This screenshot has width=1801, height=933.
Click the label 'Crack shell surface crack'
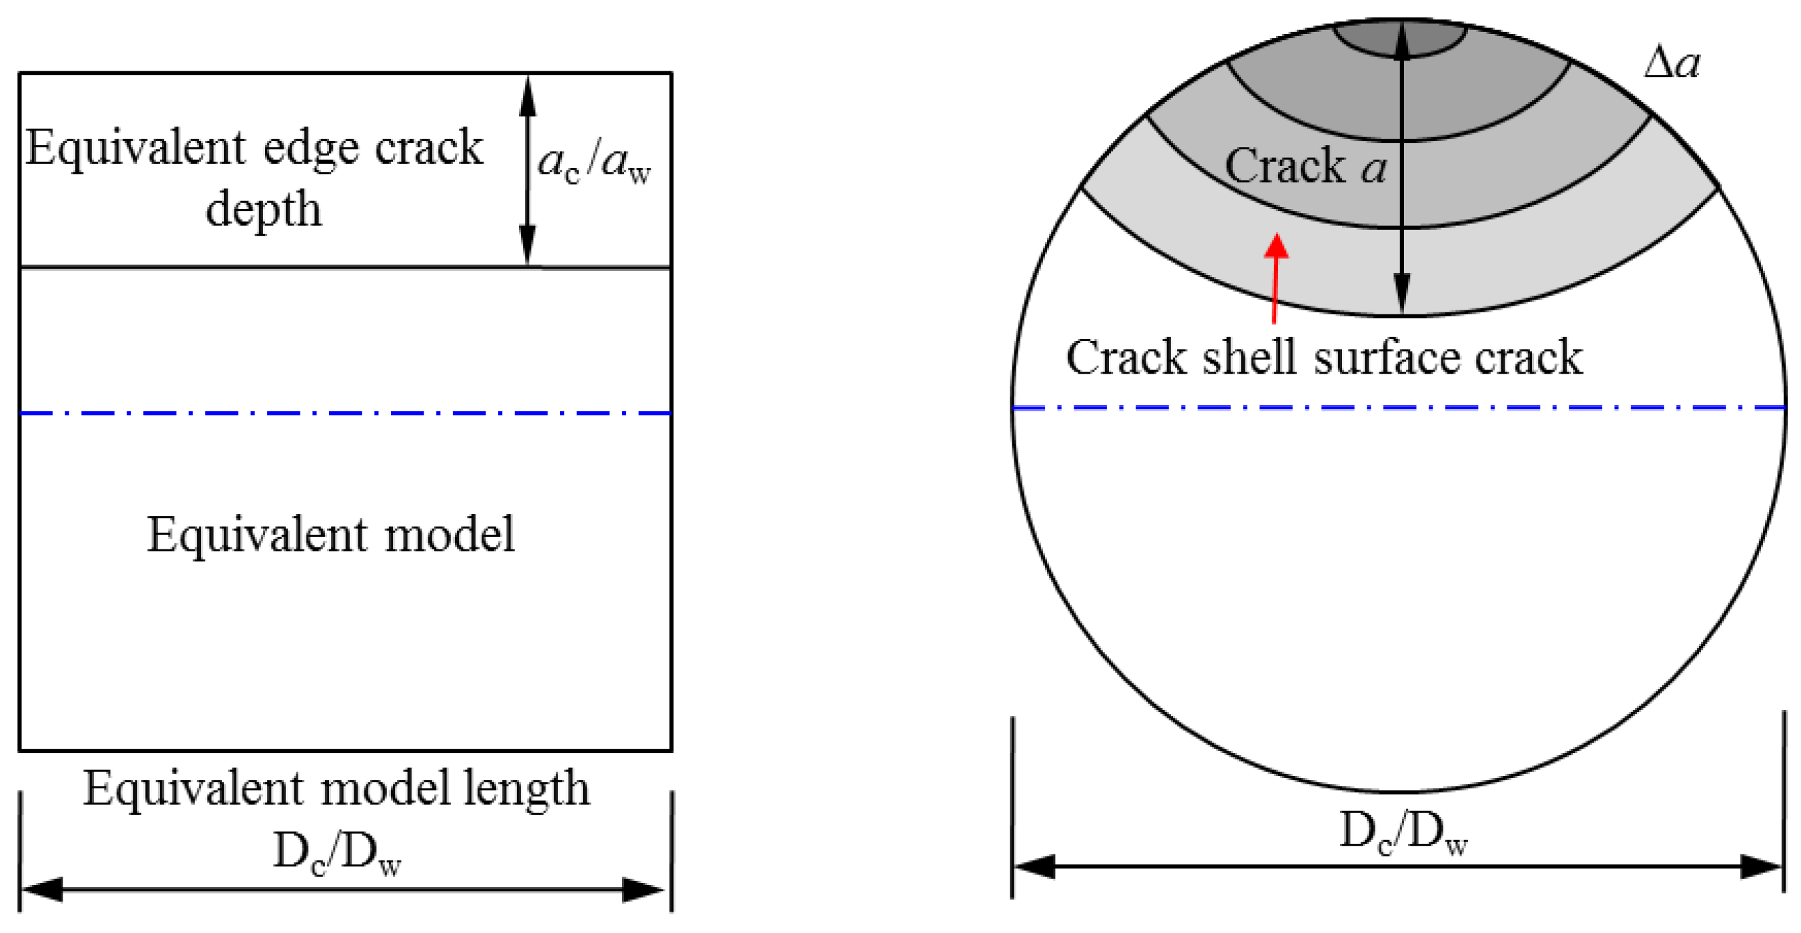click(1323, 358)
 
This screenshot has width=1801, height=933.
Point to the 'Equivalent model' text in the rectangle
click(331, 535)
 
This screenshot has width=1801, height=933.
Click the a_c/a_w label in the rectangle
click(593, 164)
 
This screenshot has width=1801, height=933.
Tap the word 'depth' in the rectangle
click(264, 209)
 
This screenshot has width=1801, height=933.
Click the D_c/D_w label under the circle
click(1403, 833)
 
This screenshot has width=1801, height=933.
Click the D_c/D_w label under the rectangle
click(336, 853)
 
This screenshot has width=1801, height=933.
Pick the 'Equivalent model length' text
click(336, 789)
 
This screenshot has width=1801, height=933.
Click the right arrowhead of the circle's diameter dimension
click(1760, 866)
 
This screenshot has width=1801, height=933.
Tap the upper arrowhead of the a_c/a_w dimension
click(528, 98)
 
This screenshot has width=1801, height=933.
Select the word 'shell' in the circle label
click(1250, 358)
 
